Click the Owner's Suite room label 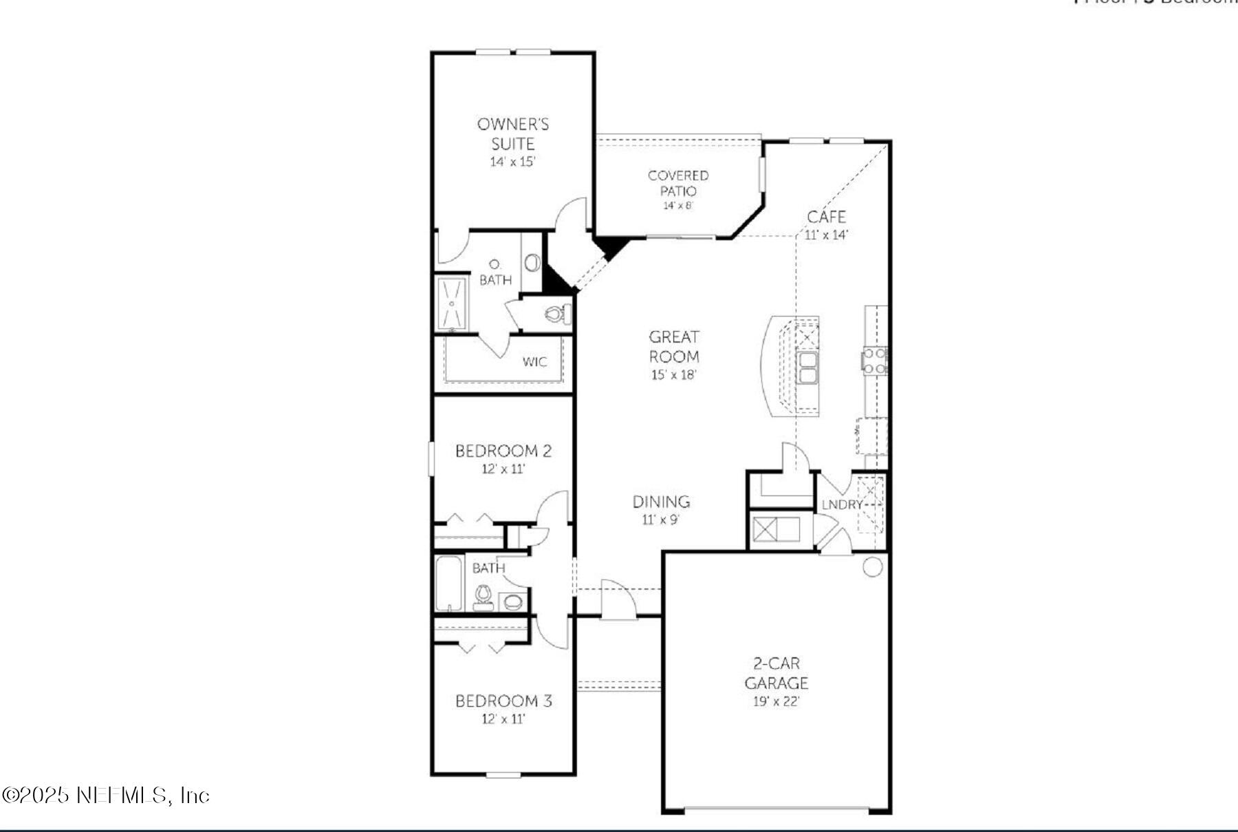pos(512,134)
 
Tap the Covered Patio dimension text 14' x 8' pos(677,206)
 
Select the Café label pos(826,217)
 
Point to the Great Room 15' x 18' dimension pos(673,375)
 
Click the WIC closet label pos(534,361)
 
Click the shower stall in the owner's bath pos(452,303)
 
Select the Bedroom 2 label pos(503,451)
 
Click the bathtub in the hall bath pos(449,584)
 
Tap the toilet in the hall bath pos(484,597)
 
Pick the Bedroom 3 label pos(503,701)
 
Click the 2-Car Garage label pos(776,673)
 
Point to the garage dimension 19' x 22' pos(776,702)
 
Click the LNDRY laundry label pos(842,504)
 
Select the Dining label pos(661,502)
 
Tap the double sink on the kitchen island pos(807,367)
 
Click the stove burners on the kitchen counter pos(874,361)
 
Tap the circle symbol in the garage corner pos(872,567)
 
